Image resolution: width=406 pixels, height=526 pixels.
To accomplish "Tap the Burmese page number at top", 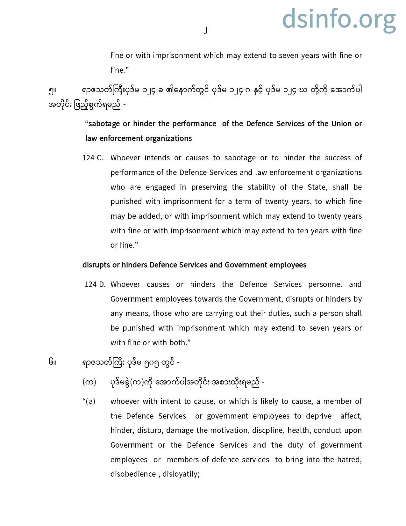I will (x=205, y=31).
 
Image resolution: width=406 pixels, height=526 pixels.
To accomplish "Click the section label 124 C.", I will (x=93, y=158).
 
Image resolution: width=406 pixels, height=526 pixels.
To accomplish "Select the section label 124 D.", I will (x=95, y=284).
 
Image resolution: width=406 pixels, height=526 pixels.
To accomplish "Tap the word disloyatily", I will (x=181, y=474).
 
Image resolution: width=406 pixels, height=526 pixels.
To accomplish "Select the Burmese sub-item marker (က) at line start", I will (x=89, y=382).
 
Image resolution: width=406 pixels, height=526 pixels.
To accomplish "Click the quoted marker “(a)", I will (x=89, y=401).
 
